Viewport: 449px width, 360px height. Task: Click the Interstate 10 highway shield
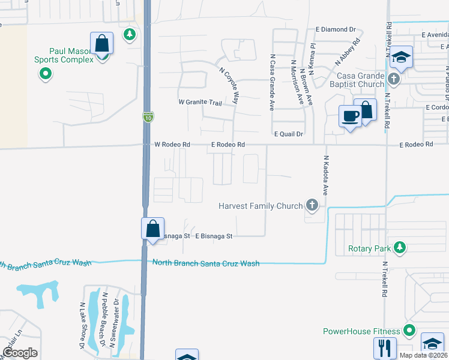click(147, 117)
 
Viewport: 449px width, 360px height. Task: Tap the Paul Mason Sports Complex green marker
click(45, 75)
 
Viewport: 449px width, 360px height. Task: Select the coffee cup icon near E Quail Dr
click(349, 116)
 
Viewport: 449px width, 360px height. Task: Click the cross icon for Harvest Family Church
click(312, 206)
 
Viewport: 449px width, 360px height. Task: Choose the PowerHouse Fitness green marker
click(409, 330)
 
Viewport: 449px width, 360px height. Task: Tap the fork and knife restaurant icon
click(384, 348)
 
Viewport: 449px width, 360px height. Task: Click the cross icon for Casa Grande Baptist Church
click(393, 79)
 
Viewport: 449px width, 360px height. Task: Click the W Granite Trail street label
click(200, 103)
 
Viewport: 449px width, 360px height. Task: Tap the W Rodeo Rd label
click(172, 145)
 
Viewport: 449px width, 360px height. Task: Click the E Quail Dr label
click(289, 134)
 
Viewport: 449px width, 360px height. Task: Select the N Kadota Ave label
click(326, 176)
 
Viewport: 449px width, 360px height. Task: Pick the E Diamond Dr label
click(336, 29)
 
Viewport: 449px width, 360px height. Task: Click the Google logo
click(20, 353)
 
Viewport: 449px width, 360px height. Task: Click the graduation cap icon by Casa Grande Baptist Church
click(402, 58)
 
